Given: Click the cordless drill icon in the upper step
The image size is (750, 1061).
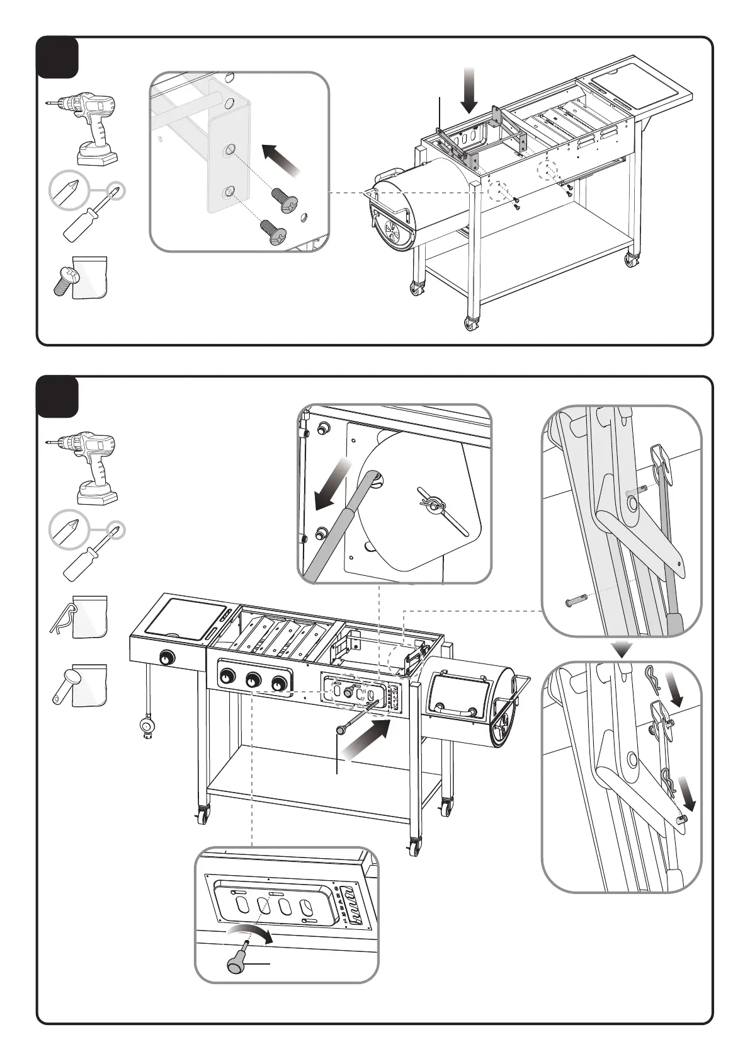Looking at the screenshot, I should click(x=88, y=127).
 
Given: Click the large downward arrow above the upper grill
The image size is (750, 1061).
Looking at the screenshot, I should click(x=470, y=89).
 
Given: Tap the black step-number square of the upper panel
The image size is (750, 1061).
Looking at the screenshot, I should click(x=58, y=57).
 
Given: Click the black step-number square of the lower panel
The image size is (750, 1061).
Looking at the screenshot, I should click(x=58, y=396).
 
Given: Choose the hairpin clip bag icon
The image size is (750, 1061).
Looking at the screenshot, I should click(x=80, y=618).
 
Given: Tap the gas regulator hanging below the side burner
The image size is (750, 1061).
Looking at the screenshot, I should click(x=147, y=726).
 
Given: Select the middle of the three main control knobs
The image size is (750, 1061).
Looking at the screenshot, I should click(x=254, y=680).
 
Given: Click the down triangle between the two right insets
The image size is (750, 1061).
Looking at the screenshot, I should click(x=623, y=649).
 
